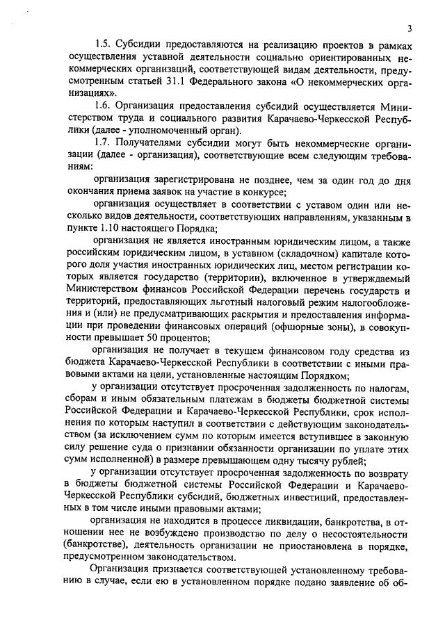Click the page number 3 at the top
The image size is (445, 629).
pos(410,28)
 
